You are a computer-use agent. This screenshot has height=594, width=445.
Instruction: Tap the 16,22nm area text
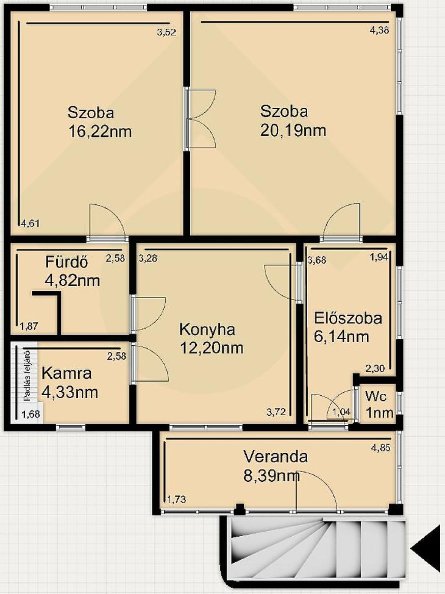tap(100, 132)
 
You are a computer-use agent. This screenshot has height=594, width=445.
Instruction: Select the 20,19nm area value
tap(293, 130)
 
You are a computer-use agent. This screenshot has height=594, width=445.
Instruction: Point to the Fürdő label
tap(66, 262)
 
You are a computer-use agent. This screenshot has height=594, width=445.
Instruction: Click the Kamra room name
tap(67, 374)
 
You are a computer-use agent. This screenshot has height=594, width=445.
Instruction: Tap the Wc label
tap(376, 397)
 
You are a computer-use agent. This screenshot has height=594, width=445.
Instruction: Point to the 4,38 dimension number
tap(379, 30)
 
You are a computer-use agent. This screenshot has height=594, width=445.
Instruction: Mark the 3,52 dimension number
tap(166, 32)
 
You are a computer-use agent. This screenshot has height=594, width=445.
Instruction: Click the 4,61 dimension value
tap(30, 224)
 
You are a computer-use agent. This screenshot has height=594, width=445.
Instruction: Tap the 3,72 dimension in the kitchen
tap(276, 412)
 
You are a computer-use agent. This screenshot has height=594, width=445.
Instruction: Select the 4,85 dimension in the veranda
tap(381, 448)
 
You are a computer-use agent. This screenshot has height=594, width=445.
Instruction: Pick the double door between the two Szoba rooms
tap(200, 119)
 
